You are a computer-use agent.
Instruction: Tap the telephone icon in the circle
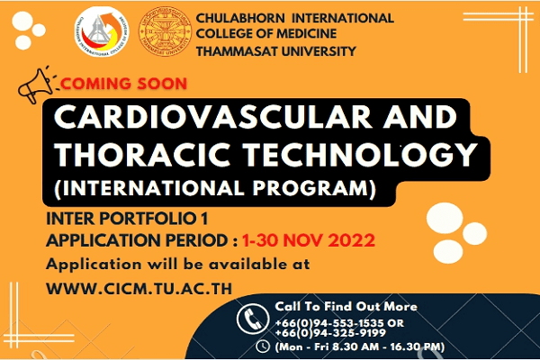252,319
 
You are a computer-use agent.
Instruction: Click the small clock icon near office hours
263,346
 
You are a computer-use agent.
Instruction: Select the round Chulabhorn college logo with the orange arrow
102,31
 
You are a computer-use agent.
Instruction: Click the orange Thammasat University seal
165,31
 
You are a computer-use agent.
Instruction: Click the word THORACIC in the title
142,155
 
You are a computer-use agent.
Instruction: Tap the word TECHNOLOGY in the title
361,155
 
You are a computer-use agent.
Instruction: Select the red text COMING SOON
123,84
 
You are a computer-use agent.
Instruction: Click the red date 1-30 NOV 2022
308,240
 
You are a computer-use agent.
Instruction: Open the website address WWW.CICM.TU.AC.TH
139,289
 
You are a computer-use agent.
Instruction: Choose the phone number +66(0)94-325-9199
330,333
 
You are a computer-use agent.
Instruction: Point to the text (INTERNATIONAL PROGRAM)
215,189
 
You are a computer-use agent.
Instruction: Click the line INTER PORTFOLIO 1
127,219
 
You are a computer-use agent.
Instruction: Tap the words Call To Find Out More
346,306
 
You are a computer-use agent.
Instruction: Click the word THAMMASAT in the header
236,51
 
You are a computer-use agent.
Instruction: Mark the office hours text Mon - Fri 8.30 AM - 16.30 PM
360,346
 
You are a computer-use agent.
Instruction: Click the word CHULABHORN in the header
240,18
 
